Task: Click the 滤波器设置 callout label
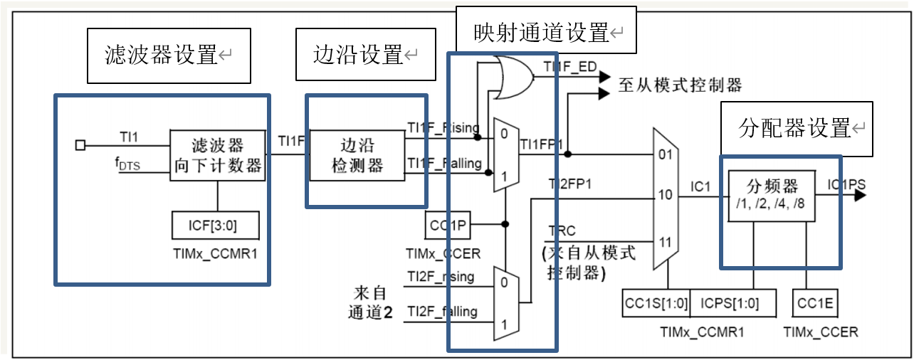pos(169,55)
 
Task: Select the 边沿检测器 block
pos(357,155)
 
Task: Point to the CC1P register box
pos(448,225)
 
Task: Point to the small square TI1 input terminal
pos(80,145)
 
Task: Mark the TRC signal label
pos(562,232)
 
